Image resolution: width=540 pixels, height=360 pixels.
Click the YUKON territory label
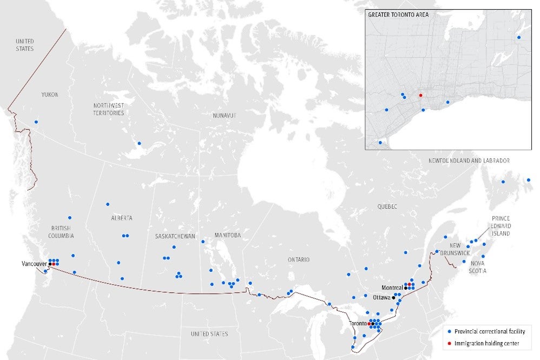click(x=49, y=95)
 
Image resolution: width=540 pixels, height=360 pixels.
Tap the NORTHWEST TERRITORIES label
click(x=108, y=109)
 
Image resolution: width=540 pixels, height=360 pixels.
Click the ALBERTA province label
click(x=122, y=218)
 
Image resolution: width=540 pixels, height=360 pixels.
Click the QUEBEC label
click(x=387, y=207)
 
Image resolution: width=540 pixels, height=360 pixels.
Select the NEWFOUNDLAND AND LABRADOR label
click(x=469, y=161)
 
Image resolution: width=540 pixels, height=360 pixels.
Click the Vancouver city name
click(x=34, y=264)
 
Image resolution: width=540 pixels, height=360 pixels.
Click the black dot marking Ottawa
click(x=393, y=298)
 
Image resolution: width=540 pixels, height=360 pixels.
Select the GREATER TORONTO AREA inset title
click(x=398, y=15)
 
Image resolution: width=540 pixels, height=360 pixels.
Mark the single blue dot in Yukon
click(x=36, y=122)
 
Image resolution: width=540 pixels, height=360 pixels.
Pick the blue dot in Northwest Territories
click(x=139, y=143)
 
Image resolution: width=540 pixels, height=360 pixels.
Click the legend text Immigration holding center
click(x=486, y=343)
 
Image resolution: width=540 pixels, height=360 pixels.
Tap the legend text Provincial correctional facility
click(x=489, y=331)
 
